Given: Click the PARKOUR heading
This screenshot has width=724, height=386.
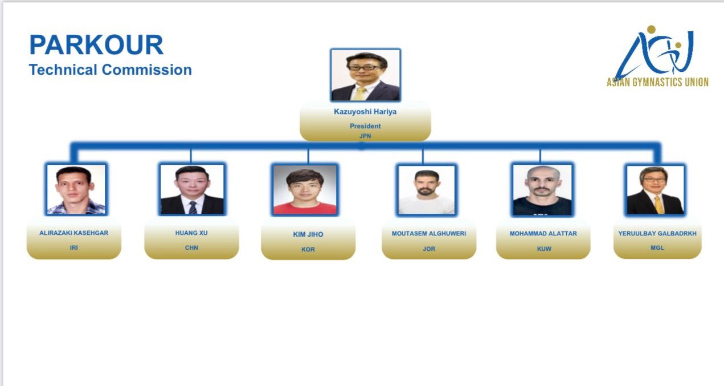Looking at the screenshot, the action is pos(96,44).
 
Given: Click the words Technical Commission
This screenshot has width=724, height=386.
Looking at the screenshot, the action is pos(110,70).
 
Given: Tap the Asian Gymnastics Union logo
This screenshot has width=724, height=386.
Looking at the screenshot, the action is pos(657,56).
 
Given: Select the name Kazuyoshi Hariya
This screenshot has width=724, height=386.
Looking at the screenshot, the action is pos(365,112).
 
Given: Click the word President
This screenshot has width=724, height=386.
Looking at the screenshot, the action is pos(365,126).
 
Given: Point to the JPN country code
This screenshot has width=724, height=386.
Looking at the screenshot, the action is pos(365,136).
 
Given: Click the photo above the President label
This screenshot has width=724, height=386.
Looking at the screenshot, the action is pos(366,75).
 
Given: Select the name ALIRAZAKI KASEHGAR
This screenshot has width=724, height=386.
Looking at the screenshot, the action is pos(73,233).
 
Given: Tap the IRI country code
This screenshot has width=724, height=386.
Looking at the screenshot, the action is pos(73,247).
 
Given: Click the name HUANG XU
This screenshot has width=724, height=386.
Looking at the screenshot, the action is pos(191,233).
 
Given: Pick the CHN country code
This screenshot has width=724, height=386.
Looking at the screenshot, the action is pos(191,247).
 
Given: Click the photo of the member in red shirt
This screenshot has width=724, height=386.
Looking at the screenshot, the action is pos(305,189).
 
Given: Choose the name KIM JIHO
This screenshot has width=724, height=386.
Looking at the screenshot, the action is pos(308,234).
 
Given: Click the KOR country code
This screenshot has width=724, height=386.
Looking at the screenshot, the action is pos(308,249).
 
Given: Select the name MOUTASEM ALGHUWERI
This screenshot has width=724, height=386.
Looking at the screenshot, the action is pos(429,233).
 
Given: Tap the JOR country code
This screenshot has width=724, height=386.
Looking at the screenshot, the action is pos(429,249).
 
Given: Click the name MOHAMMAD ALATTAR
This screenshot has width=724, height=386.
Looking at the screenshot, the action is pos(543,233).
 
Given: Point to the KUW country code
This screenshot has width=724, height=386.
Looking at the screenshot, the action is pos(544,249).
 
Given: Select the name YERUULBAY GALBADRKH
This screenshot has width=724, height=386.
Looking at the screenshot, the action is pos(657,233).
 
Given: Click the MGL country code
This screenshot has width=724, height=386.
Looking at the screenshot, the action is pos(657,247).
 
